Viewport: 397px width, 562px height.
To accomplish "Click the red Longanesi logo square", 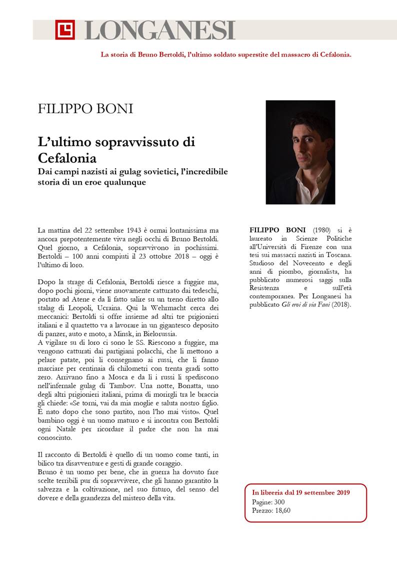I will coord(65,30).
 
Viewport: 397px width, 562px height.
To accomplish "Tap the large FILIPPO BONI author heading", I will coord(85,109).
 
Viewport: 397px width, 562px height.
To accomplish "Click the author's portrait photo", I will coord(300,152).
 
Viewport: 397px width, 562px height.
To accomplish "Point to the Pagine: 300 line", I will coord(268,502).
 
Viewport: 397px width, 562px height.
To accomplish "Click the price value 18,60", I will coord(282,510).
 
